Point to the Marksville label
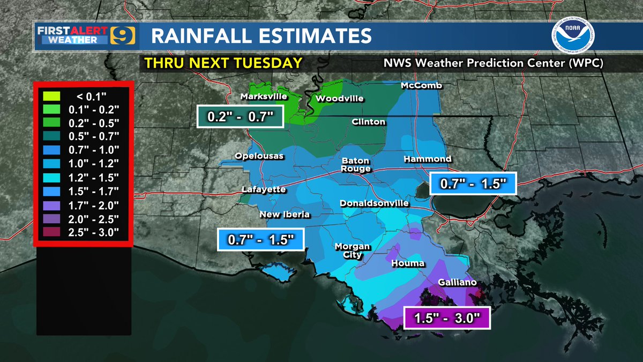coord(264,97)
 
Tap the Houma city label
coord(408,263)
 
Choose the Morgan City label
coord(352,250)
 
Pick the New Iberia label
coord(285,215)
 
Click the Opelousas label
coord(259,156)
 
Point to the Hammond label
coord(427,159)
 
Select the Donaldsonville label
coord(374,203)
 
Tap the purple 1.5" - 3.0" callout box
coord(447,317)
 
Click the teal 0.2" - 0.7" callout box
coord(240,116)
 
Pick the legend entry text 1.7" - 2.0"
coord(90,205)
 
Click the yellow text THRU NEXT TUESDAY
coord(223,63)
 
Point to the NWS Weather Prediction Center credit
coord(493,63)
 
